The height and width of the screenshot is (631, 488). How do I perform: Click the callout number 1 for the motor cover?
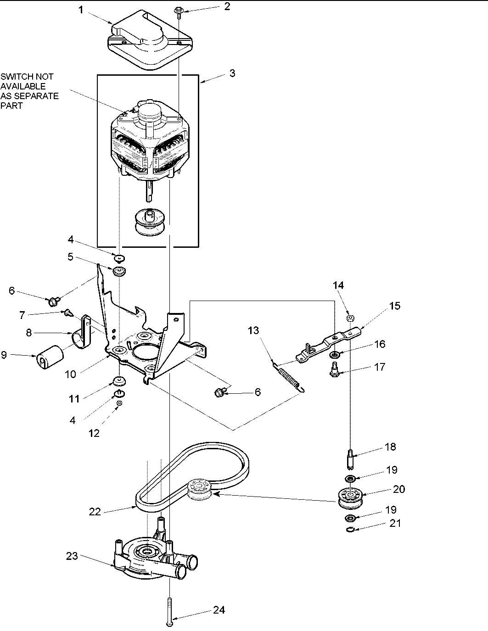pyautogui.click(x=81, y=10)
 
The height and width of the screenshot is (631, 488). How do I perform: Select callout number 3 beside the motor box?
pyautogui.click(x=232, y=73)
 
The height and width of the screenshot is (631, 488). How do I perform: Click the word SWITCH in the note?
pyautogui.click(x=14, y=77)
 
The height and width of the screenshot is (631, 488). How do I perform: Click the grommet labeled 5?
pyautogui.click(x=119, y=271)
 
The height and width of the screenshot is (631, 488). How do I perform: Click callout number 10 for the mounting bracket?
pyautogui.click(x=70, y=374)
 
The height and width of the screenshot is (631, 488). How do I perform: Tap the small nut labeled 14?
pyautogui.click(x=350, y=317)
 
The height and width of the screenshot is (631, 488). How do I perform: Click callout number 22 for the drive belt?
pyautogui.click(x=94, y=512)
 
